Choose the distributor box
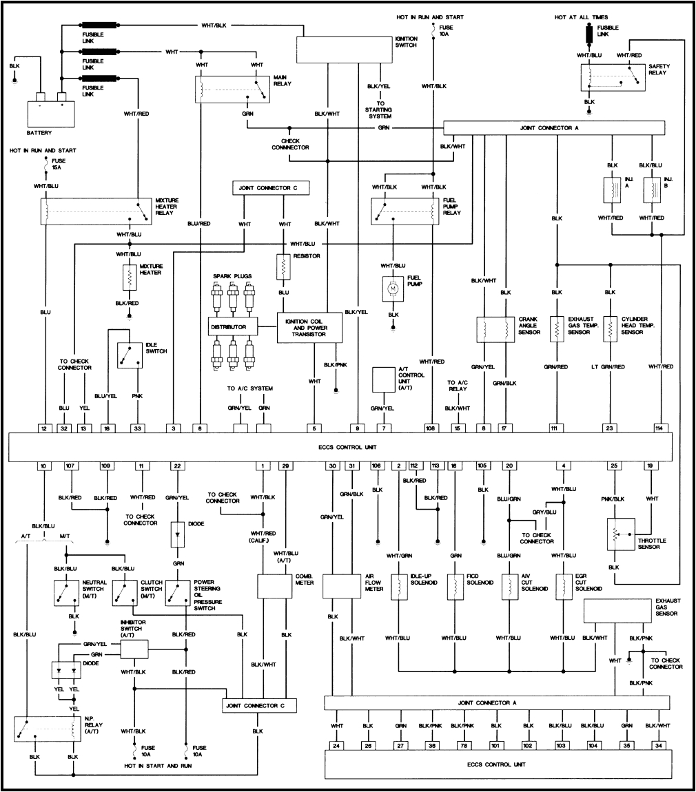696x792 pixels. (x=232, y=325)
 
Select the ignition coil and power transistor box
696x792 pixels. (x=310, y=327)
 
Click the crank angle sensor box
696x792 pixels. (x=496, y=329)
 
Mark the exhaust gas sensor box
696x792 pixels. (x=617, y=610)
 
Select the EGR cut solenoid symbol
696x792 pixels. (x=564, y=585)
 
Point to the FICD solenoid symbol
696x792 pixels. (x=455, y=585)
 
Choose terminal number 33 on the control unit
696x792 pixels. (x=137, y=428)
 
